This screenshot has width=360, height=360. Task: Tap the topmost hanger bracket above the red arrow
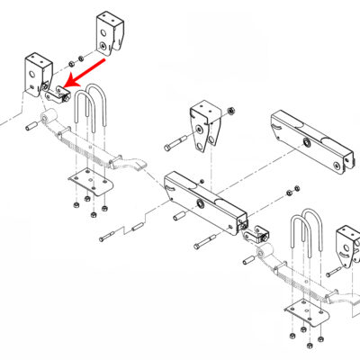click(108, 34)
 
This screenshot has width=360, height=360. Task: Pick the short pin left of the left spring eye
click(31, 127)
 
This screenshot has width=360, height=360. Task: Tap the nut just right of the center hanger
click(230, 112)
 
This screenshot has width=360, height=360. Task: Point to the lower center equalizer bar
click(204, 200)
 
